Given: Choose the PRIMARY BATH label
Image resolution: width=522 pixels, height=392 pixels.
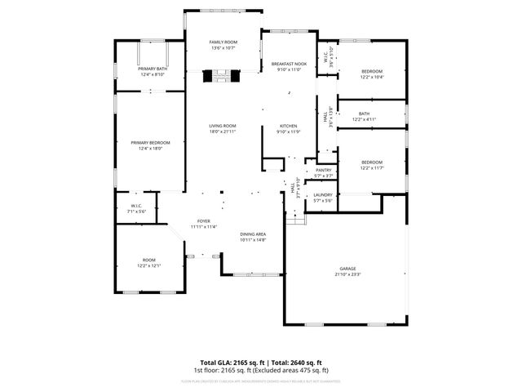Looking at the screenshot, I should pyautogui.click(x=153, y=69).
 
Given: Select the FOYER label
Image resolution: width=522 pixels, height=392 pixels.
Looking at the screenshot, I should pyautogui.click(x=203, y=220).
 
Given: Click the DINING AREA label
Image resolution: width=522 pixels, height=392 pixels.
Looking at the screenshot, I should pyautogui.click(x=254, y=234).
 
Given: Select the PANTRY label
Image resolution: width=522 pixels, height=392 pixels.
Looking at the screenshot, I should pyautogui.click(x=324, y=170).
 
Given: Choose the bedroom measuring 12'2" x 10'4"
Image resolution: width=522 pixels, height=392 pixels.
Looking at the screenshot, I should pyautogui.click(x=372, y=71).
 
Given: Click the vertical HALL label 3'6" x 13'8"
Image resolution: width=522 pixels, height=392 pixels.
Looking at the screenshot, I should pyautogui.click(x=326, y=117).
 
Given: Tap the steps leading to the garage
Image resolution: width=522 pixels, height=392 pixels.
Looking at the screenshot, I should pyautogui.click(x=296, y=219).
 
